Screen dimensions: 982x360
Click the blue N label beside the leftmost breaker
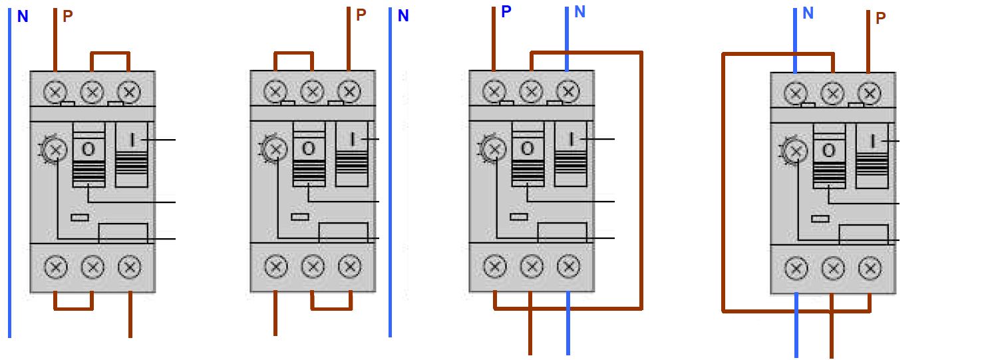[23, 17]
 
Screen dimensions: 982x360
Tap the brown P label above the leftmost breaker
[67, 17]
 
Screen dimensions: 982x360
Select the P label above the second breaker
[361, 15]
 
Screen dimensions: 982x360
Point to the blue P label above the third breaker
[506, 12]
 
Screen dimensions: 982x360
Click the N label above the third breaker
[579, 12]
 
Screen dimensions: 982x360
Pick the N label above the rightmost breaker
[808, 13]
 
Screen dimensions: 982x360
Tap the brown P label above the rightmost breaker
[880, 18]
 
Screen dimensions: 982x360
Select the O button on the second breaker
[309, 154]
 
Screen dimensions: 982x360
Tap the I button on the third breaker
[571, 154]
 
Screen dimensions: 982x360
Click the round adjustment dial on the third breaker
[494, 149]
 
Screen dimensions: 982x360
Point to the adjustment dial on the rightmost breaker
[795, 151]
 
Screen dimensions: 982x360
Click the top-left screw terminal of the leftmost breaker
[56, 92]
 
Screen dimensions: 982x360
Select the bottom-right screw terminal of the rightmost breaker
[870, 268]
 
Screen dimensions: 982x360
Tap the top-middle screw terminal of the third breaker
[531, 92]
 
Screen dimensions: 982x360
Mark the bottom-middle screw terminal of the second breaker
[313, 267]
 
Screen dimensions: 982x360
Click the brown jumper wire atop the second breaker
[293, 53]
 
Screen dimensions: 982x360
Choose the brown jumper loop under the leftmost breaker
[74, 308]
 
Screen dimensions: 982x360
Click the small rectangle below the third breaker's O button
[519, 217]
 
